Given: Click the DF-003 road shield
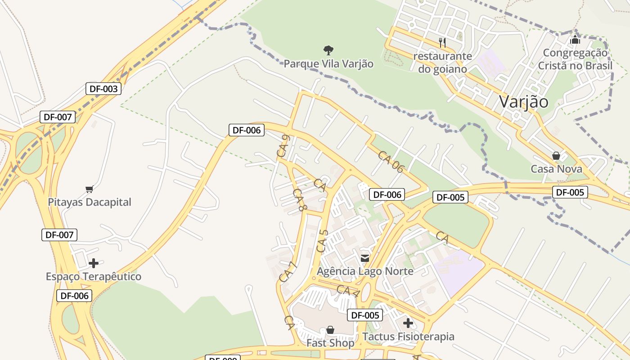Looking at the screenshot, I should pyautogui.click(x=103, y=89).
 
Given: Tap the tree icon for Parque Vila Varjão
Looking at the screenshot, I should pyautogui.click(x=328, y=50).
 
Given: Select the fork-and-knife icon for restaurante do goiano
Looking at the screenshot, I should pyautogui.click(x=442, y=43).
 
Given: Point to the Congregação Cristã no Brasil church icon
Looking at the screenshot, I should pyautogui.click(x=575, y=40).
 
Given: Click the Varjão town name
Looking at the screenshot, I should pyautogui.click(x=524, y=102).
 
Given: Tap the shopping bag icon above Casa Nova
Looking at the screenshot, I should pyautogui.click(x=556, y=156).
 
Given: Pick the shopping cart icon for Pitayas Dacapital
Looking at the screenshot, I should pyautogui.click(x=89, y=189).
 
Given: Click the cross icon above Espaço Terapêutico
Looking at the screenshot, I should pyautogui.click(x=94, y=263).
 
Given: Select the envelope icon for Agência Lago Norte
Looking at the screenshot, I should pyautogui.click(x=365, y=258).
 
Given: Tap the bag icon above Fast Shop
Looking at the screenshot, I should pyautogui.click(x=330, y=330).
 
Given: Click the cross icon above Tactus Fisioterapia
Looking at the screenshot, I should pyautogui.click(x=408, y=323).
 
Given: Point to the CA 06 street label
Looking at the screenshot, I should pyautogui.click(x=391, y=162).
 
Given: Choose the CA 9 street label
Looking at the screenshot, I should pyautogui.click(x=283, y=146).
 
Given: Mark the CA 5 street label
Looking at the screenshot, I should pyautogui.click(x=322, y=241).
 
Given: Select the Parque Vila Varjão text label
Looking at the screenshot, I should pyautogui.click(x=328, y=64).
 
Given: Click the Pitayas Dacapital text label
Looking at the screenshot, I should pyautogui.click(x=90, y=202).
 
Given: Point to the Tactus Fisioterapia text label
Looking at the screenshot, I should pyautogui.click(x=408, y=337).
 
